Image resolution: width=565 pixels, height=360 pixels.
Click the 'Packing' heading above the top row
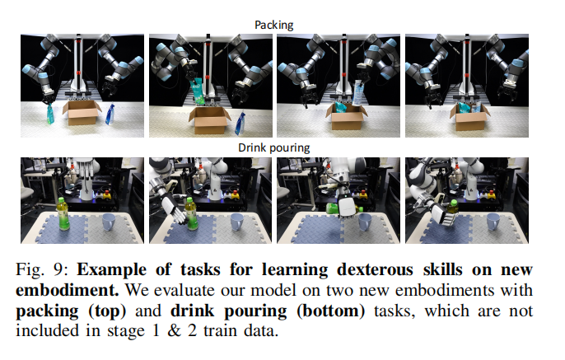(x=275, y=25)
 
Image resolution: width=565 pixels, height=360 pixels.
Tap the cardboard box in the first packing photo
(x=82, y=112)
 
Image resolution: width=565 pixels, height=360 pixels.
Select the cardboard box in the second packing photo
(x=208, y=122)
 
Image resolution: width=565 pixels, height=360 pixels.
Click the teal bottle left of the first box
(x=49, y=112)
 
